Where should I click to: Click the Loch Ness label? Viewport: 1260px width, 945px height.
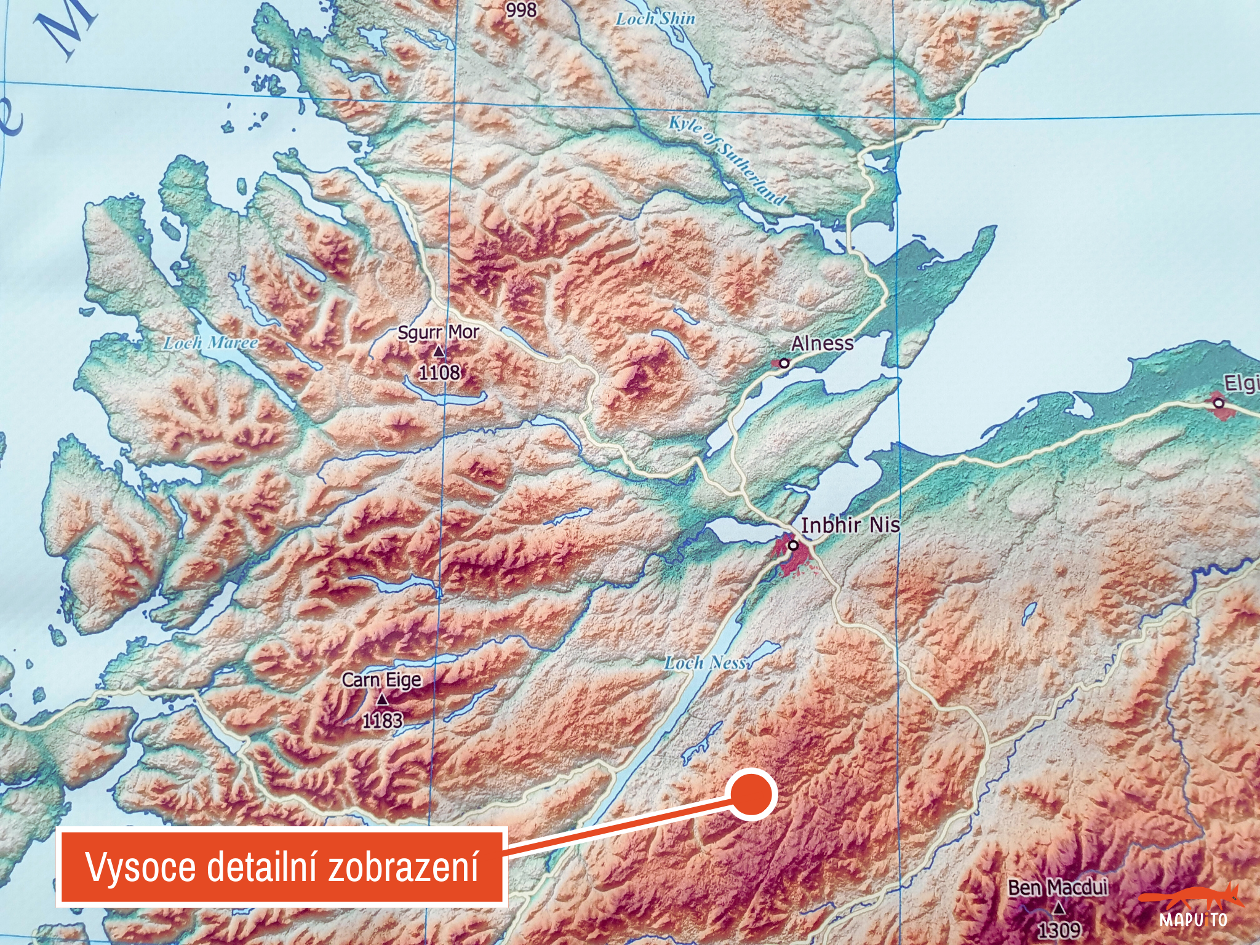click(x=706, y=663)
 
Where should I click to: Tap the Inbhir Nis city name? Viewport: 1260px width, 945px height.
click(x=850, y=525)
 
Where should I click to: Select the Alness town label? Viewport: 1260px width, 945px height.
click(x=822, y=343)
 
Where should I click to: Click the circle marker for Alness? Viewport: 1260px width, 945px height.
click(x=784, y=364)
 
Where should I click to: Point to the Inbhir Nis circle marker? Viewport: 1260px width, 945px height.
click(x=794, y=545)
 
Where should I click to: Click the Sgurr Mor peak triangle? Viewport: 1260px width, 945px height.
click(x=439, y=352)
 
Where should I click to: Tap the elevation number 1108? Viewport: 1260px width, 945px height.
click(x=439, y=372)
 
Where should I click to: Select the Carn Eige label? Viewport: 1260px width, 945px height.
click(x=381, y=680)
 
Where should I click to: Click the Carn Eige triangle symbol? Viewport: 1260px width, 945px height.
click(x=382, y=700)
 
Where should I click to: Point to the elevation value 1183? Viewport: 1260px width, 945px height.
click(x=382, y=720)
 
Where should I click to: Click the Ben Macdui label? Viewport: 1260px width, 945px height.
click(x=1058, y=888)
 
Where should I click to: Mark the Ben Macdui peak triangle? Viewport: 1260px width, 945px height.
click(x=1058, y=907)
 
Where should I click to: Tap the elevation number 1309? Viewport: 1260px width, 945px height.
click(x=1058, y=928)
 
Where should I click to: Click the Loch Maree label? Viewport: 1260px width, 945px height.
click(x=210, y=343)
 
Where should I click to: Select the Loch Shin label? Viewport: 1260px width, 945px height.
click(x=655, y=19)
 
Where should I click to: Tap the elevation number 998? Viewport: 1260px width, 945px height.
click(x=521, y=10)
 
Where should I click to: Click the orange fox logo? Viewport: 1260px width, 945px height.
click(x=1192, y=899)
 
